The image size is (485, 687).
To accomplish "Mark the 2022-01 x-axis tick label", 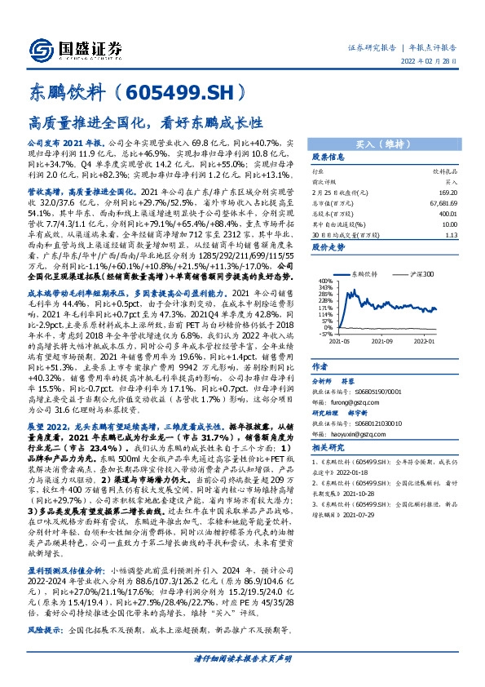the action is click(x=435, y=342).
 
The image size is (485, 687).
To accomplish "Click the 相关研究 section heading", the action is click(x=329, y=448).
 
